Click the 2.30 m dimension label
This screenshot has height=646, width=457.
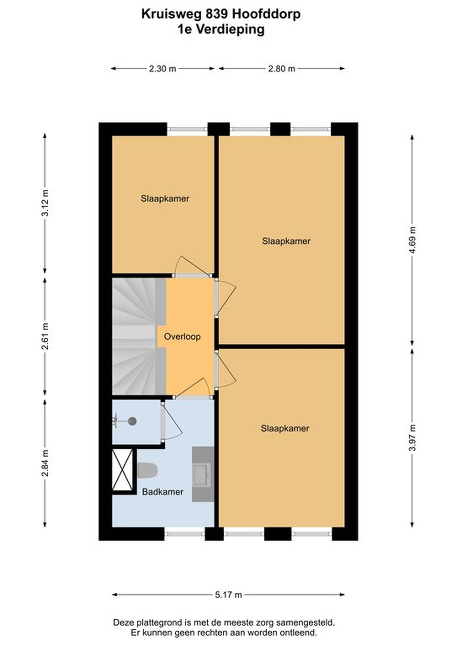(x=162, y=69)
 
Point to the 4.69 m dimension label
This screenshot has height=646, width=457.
(x=412, y=240)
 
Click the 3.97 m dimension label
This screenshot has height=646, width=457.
(x=412, y=437)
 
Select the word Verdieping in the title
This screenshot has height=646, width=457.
(x=230, y=30)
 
